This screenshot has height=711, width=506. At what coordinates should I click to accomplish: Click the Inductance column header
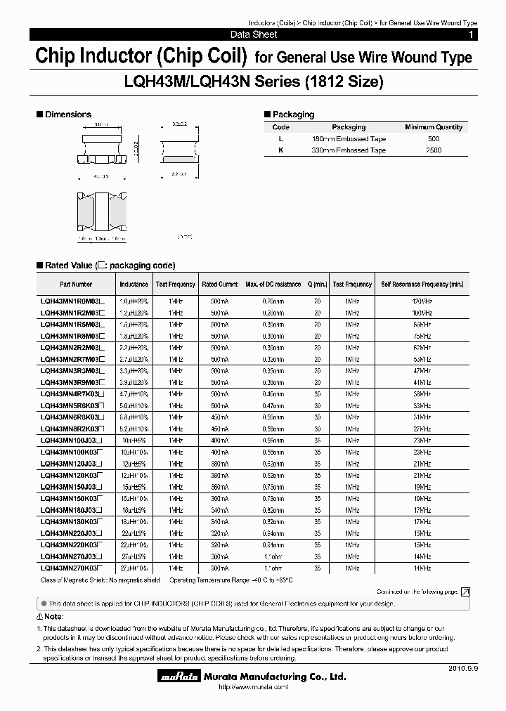pyautogui.click(x=134, y=285)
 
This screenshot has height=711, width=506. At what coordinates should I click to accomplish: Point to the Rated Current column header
pyautogui.click(x=220, y=285)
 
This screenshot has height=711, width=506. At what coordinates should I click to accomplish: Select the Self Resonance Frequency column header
pyautogui.click(x=422, y=285)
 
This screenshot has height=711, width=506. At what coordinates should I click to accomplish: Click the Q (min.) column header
pyautogui.click(x=317, y=285)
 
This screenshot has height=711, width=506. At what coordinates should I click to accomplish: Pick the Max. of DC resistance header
pyautogui.click(x=273, y=285)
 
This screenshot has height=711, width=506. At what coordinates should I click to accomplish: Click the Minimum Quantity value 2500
pyautogui.click(x=434, y=150)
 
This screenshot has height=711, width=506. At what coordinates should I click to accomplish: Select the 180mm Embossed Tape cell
pyautogui.click(x=349, y=139)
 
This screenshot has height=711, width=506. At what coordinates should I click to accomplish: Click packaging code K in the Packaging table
pyautogui.click(x=280, y=150)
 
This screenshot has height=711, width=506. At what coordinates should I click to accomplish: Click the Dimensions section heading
pyautogui.click(x=67, y=115)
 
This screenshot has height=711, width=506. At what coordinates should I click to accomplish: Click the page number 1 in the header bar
pyautogui.click(x=471, y=34)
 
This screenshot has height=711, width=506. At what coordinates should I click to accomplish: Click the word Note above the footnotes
pyautogui.click(x=53, y=616)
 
